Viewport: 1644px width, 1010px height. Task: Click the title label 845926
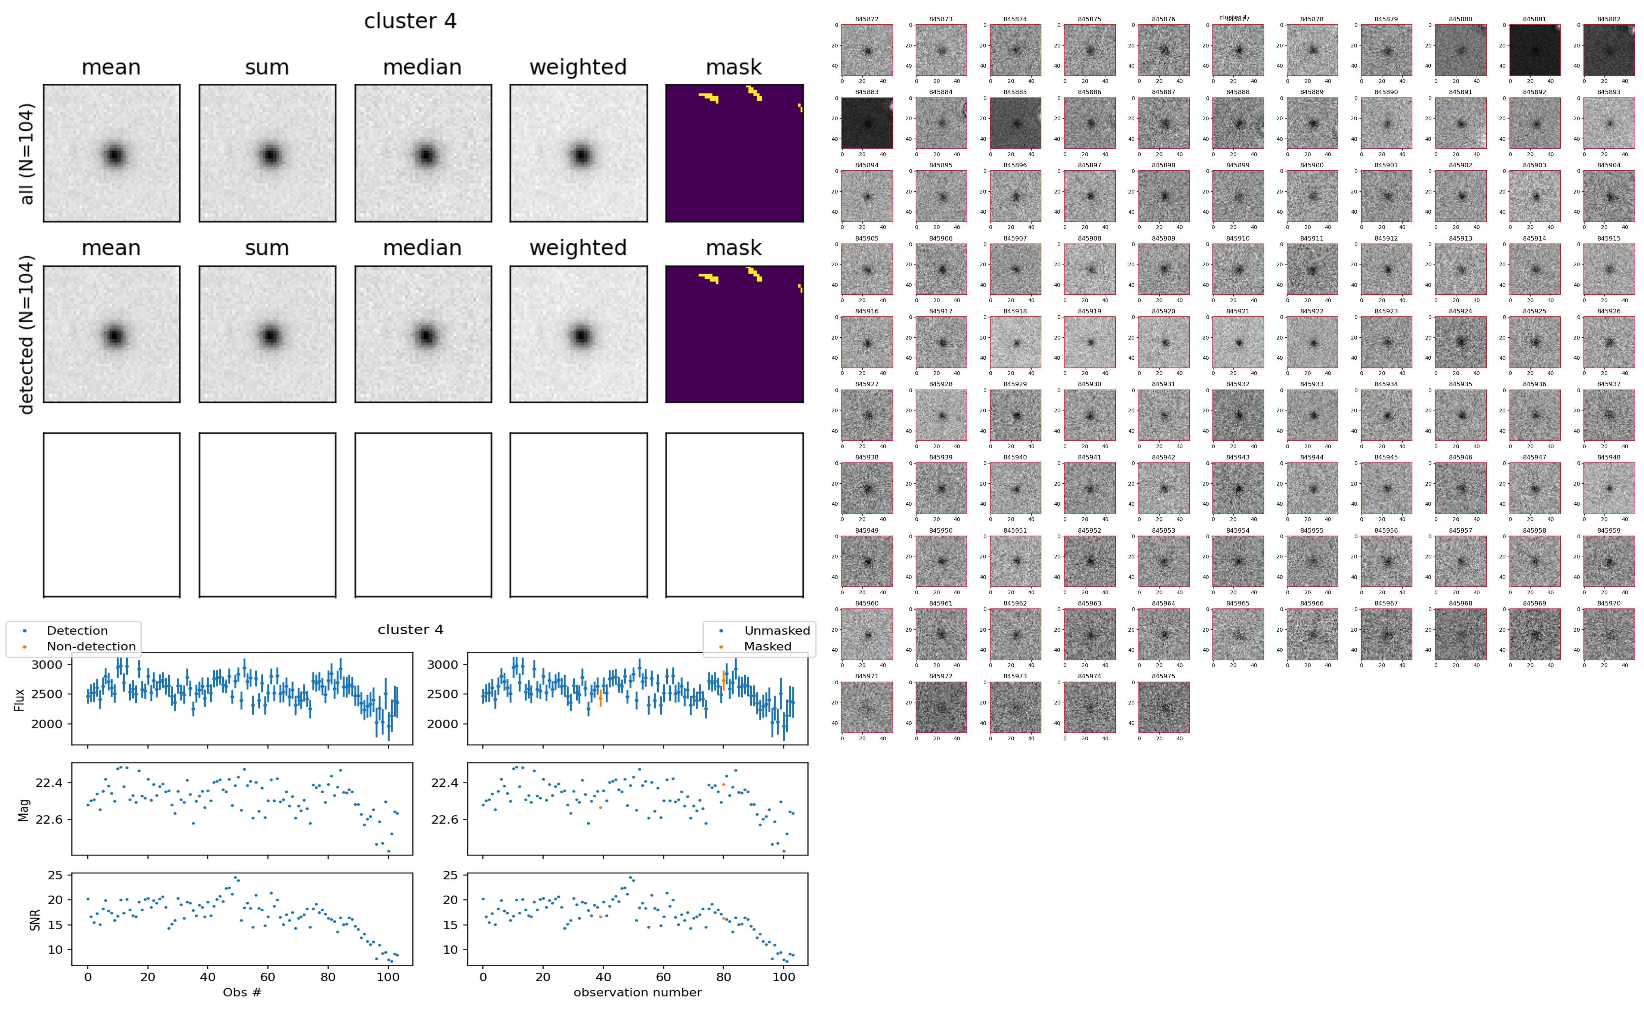pyautogui.click(x=1609, y=311)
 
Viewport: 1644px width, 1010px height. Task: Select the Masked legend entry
pyautogui.click(x=767, y=647)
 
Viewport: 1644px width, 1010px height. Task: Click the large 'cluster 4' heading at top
pyautogui.click(x=410, y=21)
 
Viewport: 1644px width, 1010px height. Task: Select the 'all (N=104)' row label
pyautogui.click(x=27, y=154)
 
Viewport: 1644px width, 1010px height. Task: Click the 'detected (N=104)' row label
pyautogui.click(x=27, y=334)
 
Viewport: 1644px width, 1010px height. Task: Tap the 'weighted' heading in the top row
pyautogui.click(x=578, y=68)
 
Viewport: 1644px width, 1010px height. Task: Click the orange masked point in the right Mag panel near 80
pyautogui.click(x=723, y=784)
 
